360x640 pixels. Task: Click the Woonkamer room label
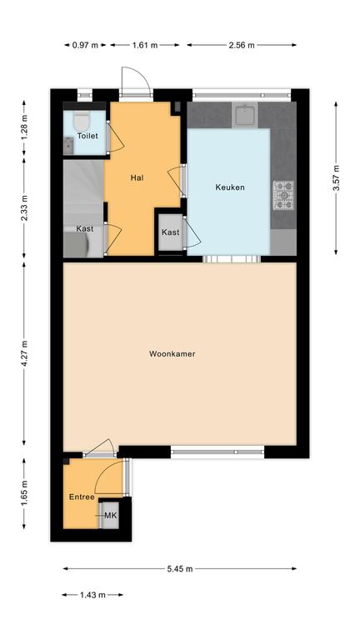pos(172,354)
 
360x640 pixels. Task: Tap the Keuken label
pos(230,187)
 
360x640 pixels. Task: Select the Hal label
pos(137,177)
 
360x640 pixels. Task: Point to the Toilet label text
pos(87,136)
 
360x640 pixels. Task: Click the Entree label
pos(82,497)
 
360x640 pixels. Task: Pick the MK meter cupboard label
pos(110,516)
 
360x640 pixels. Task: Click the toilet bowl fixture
pos(81,121)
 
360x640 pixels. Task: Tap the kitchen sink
pos(244,115)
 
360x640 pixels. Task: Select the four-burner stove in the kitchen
pos(283,195)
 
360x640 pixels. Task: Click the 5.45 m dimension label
pos(180,568)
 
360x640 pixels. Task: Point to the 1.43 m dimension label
pos(92,595)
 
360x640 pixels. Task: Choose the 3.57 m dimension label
pos(336,178)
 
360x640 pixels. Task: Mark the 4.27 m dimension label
pos(24,353)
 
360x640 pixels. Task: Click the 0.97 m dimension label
pos(85,45)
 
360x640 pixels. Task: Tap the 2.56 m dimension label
pos(242,45)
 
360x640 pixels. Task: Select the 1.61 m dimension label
pos(144,45)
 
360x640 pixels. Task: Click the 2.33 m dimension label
pos(24,207)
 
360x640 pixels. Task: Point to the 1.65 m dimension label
pos(24,493)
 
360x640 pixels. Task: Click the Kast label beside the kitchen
pos(170,232)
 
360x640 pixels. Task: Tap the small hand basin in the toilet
pos(68,146)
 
